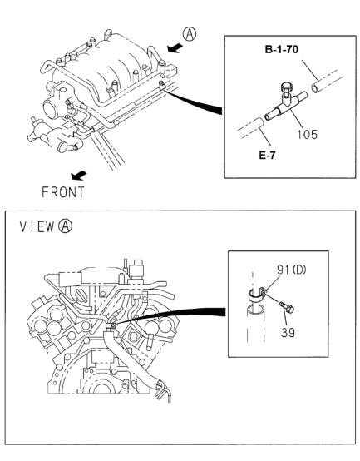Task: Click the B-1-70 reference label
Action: click(x=281, y=49)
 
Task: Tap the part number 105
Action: click(x=307, y=135)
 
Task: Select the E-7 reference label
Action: click(x=267, y=155)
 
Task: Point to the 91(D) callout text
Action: click(x=291, y=270)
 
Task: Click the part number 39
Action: click(x=288, y=333)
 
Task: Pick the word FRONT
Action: click(x=63, y=192)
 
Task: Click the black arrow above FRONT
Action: click(x=79, y=176)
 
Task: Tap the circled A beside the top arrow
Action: click(x=190, y=34)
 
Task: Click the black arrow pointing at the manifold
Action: click(x=175, y=48)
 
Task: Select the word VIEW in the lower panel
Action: click(x=37, y=226)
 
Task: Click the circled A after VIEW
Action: click(x=65, y=226)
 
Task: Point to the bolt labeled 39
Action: click(x=287, y=307)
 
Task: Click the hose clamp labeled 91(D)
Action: click(x=256, y=294)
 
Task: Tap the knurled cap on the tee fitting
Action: click(x=287, y=87)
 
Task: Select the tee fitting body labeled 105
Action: click(x=286, y=107)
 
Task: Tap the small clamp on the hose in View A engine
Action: click(x=111, y=325)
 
